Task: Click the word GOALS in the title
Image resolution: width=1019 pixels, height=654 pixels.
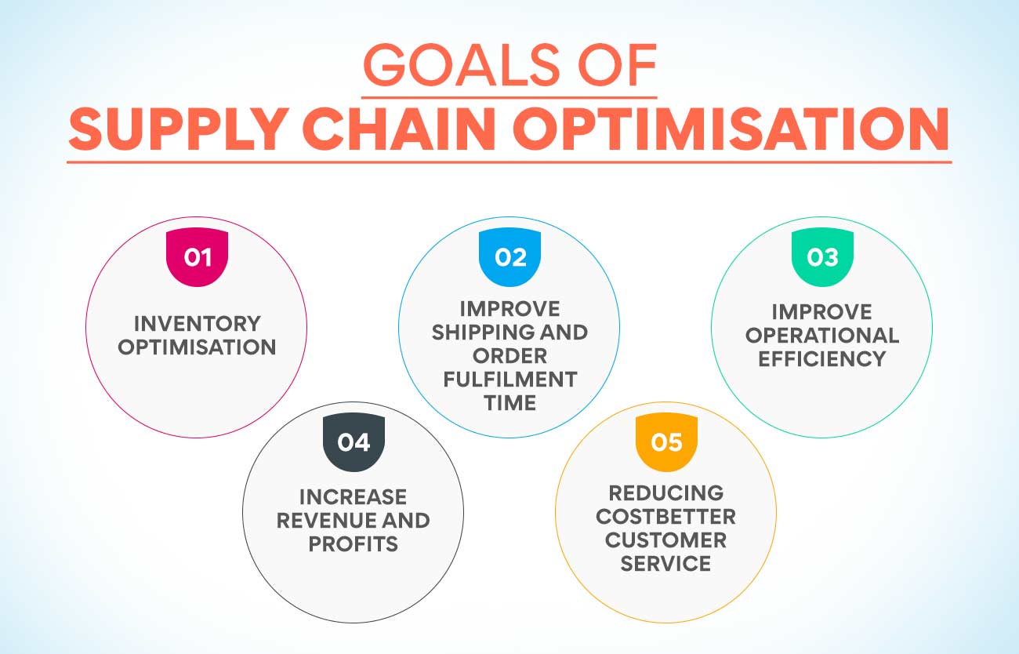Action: tap(461, 65)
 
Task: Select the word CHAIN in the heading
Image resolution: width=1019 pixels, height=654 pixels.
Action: tap(399, 129)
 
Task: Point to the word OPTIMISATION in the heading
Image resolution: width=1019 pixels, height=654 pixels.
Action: tap(731, 129)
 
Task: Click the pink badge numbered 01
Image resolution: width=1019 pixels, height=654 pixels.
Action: tap(197, 257)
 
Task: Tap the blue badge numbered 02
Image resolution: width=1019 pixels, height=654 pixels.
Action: tap(510, 257)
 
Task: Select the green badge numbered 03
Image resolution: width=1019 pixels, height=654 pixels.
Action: tap(822, 257)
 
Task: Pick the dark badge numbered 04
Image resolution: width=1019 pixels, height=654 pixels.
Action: tap(354, 442)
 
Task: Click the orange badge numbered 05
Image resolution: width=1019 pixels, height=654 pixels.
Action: tap(666, 442)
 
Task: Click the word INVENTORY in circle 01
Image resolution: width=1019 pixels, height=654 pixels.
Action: tap(198, 324)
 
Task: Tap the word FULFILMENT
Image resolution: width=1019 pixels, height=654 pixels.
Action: tap(510, 379)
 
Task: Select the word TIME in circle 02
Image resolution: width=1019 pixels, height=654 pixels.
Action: tap(510, 403)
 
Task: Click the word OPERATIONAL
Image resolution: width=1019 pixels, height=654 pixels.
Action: tap(822, 336)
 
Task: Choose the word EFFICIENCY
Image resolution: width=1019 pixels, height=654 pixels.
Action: tap(822, 358)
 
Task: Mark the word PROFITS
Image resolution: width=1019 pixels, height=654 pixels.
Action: tap(354, 544)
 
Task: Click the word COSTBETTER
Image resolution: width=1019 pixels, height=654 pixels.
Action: tap(666, 517)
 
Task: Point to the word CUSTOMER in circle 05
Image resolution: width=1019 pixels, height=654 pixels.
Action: tap(666, 540)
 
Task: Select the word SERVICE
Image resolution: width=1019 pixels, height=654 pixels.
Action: tap(666, 564)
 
